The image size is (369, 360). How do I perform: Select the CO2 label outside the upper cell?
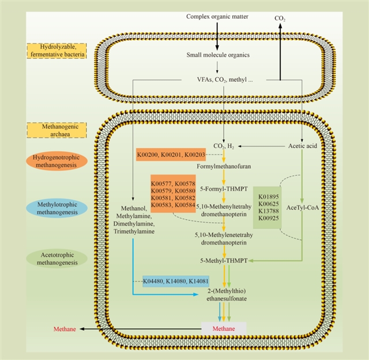click(280, 18)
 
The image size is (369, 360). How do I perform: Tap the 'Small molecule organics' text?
click(217, 55)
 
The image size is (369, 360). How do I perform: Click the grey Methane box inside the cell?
click(223, 328)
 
